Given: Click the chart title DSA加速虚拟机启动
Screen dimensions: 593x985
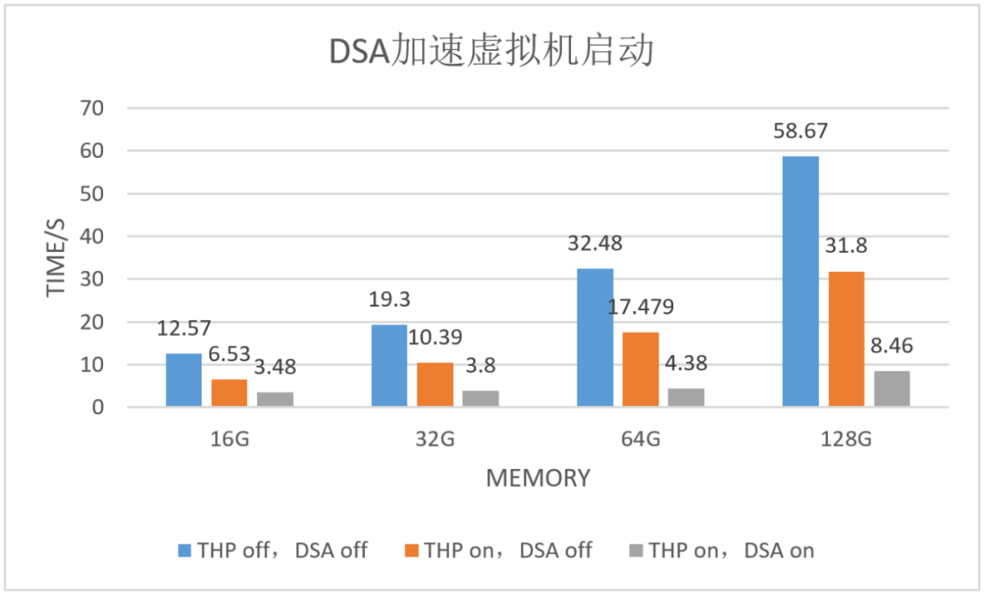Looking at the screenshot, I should coord(492,51).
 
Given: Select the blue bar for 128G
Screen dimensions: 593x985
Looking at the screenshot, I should coord(800,281).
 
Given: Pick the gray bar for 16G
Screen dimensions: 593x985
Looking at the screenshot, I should coord(275,400).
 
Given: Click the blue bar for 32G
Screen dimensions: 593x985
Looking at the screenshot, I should coord(389,366).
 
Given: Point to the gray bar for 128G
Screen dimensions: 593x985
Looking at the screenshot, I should coord(891,389).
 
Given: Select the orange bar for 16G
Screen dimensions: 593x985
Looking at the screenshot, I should coord(229,393).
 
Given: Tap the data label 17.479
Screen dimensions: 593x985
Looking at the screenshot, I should coord(640,307).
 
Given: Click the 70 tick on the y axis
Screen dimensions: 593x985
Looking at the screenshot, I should coord(93,108).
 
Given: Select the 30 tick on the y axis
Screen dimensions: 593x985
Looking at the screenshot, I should coord(93,279).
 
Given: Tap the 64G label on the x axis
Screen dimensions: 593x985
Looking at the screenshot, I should coord(640,439).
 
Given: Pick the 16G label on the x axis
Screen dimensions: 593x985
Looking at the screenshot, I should coord(229,439).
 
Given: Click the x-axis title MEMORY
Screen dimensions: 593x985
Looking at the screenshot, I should coord(537,477).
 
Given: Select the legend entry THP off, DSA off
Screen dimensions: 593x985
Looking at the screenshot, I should coord(274,550).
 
